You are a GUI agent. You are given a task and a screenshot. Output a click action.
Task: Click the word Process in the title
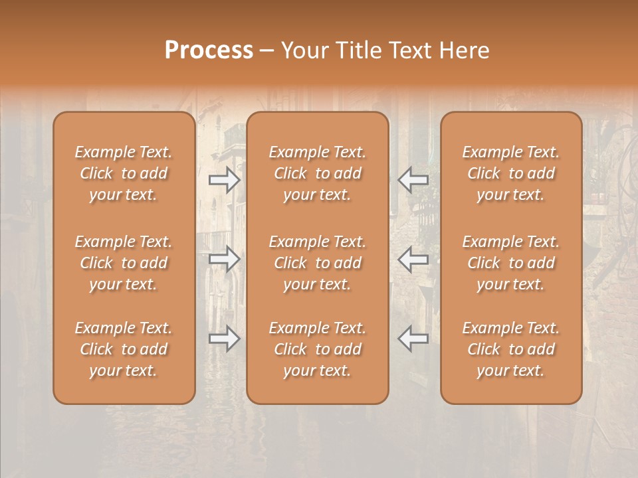(209, 50)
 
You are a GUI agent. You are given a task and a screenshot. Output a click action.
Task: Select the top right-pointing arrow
(225, 179)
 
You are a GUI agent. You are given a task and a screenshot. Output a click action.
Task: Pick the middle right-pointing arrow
(225, 258)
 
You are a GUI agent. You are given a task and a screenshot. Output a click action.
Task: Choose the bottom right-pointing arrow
(225, 339)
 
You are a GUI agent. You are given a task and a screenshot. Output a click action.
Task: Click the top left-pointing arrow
(413, 179)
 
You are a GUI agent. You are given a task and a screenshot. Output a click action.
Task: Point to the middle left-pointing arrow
(413, 258)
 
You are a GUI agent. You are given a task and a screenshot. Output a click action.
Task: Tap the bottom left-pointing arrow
(413, 338)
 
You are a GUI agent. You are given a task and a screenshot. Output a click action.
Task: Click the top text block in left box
(124, 173)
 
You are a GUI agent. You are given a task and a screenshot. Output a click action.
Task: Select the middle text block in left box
(124, 263)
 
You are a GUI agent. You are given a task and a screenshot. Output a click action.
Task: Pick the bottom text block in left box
(124, 349)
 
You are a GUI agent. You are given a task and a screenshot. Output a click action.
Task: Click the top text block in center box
(317, 173)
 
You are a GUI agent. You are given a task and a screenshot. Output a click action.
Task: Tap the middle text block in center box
(317, 263)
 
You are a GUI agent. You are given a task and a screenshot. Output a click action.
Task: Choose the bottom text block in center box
(317, 349)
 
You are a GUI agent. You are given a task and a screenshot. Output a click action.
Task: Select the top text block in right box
(510, 173)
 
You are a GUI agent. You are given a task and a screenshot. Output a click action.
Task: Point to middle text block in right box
(510, 263)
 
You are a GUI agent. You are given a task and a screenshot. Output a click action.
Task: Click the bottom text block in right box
(510, 349)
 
